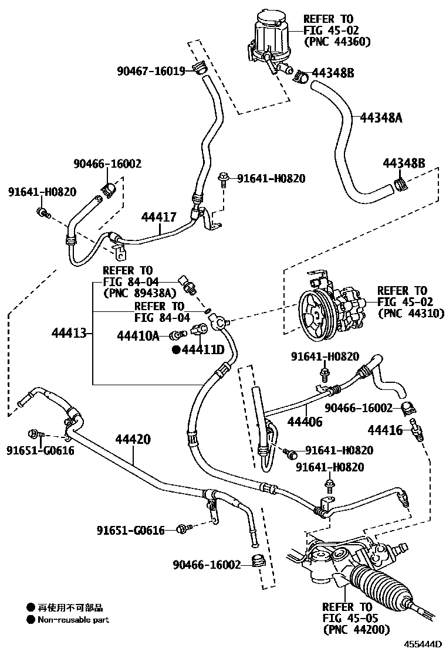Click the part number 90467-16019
click(x=151, y=71)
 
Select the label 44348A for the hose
click(x=381, y=118)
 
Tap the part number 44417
click(x=158, y=217)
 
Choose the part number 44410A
click(x=138, y=335)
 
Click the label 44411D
click(x=202, y=350)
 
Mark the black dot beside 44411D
click(x=175, y=350)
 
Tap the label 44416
click(x=385, y=430)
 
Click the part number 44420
click(x=133, y=439)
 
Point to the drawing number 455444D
click(x=421, y=643)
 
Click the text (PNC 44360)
click(x=337, y=42)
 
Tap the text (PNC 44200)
click(x=354, y=629)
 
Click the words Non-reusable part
click(x=73, y=620)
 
